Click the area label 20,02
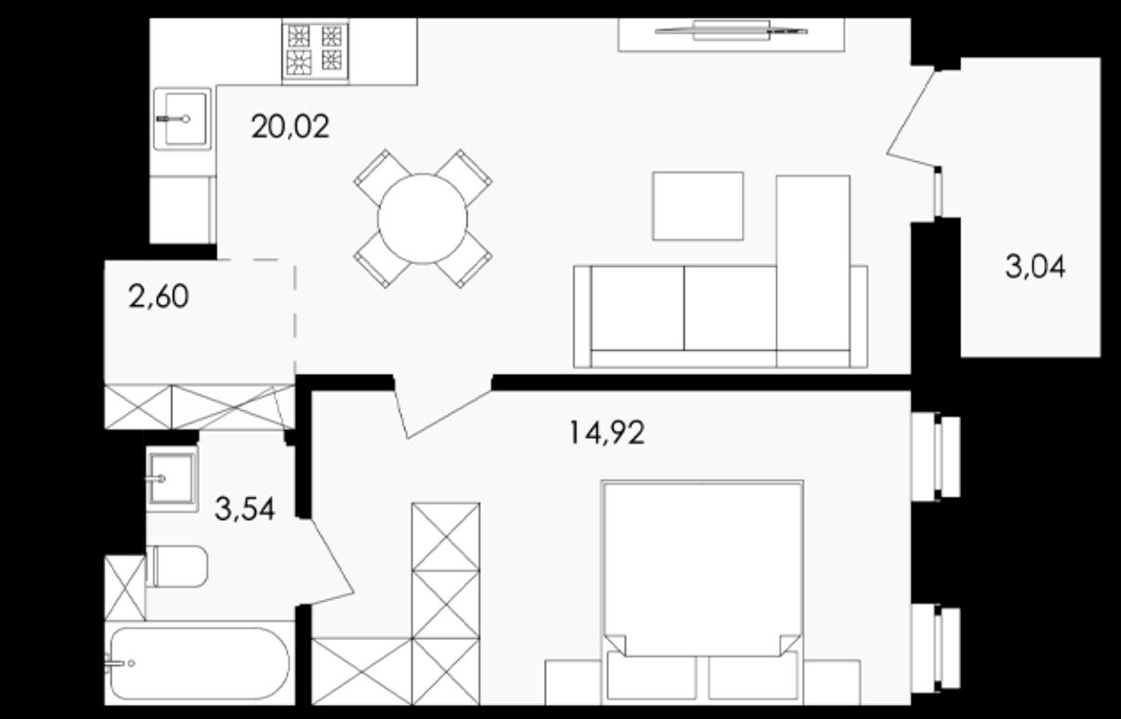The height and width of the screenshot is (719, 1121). coord(290,126)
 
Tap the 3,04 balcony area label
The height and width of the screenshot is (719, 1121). coord(1035,267)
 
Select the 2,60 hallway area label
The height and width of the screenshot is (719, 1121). coord(159,296)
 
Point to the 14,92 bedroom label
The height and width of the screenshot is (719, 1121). coord(607,433)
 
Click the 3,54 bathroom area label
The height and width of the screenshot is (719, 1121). coord(244,509)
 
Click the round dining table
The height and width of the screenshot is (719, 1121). coord(422,219)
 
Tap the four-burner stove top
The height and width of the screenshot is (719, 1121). coord(315,50)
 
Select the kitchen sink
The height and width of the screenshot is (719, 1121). coord(181,119)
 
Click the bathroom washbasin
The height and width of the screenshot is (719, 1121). coord(172,479)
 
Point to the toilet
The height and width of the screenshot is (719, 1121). coord(177,566)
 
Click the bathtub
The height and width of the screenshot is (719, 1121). coord(199,663)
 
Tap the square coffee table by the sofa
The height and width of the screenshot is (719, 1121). coord(698,206)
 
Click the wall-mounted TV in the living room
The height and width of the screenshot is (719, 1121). coord(732,31)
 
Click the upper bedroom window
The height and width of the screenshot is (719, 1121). coord(936,457)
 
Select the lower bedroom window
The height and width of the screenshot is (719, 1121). coord(936,649)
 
